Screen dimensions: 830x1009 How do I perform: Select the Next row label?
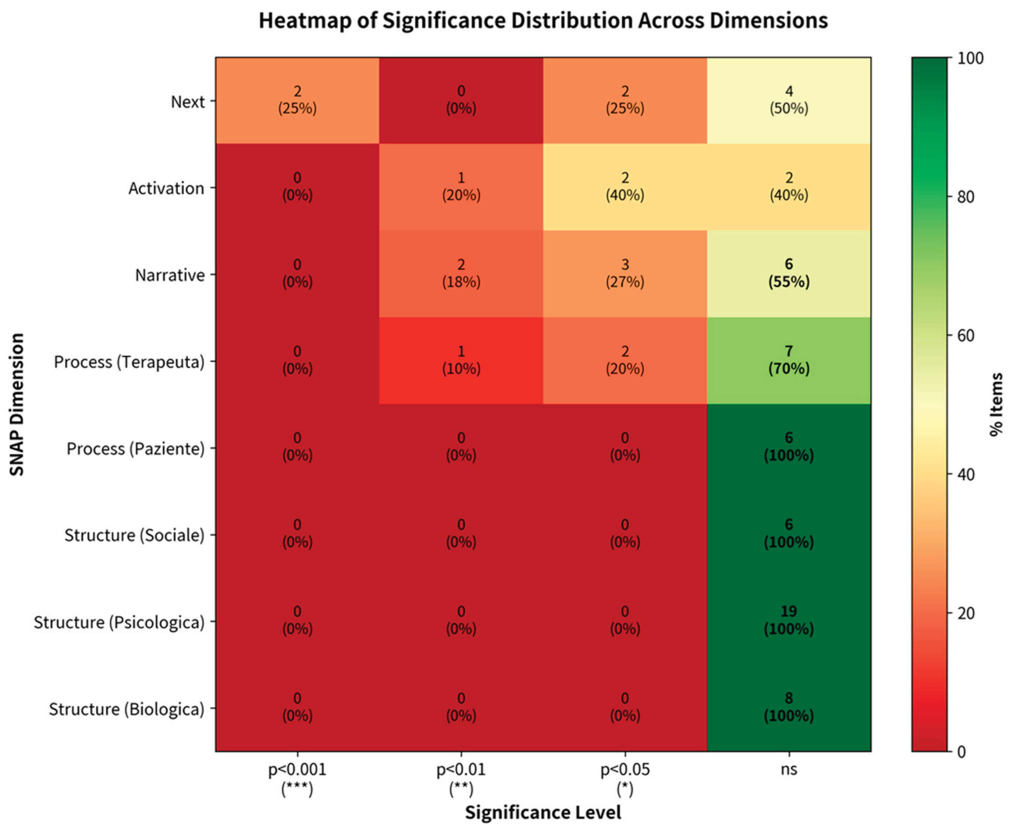point(188,102)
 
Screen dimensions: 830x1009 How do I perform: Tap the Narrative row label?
point(170,275)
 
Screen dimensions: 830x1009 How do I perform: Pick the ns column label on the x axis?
point(789,770)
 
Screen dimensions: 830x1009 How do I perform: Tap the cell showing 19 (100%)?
point(789,620)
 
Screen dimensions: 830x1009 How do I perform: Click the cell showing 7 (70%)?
point(789,360)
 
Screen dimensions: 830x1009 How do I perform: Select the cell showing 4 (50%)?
point(789,100)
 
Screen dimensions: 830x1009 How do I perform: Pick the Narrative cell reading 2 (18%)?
point(461,273)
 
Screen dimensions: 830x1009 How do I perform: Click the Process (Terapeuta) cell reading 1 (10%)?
point(461,360)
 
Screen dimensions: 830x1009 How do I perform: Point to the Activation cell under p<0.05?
point(624,187)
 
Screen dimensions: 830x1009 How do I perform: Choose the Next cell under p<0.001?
point(297,100)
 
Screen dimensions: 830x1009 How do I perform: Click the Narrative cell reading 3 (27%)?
point(624,273)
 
